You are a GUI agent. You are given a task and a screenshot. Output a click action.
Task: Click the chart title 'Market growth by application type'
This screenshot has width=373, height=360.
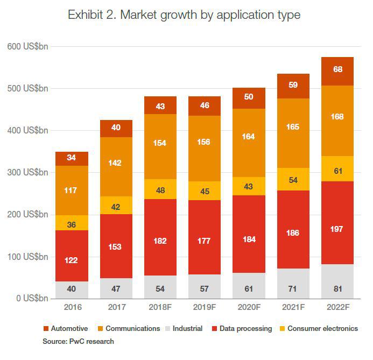[184, 15]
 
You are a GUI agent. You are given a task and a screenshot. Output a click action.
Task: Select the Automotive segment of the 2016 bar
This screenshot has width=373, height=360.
[72, 159]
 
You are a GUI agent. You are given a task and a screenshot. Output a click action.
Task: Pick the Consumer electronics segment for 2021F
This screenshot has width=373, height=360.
[293, 179]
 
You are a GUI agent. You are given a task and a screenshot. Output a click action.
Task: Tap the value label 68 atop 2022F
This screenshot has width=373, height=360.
[337, 69]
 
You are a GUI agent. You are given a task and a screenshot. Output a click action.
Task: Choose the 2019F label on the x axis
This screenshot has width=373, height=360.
[205, 308]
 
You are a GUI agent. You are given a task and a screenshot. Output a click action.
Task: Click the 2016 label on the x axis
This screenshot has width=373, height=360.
[72, 308]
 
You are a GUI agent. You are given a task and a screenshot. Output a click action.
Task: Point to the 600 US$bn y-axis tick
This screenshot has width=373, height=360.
[27, 47]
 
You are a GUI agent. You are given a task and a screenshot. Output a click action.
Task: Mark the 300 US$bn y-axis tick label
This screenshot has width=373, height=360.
[27, 173]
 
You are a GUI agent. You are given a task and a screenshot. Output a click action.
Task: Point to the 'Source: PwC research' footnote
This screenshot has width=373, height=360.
[79, 341]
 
